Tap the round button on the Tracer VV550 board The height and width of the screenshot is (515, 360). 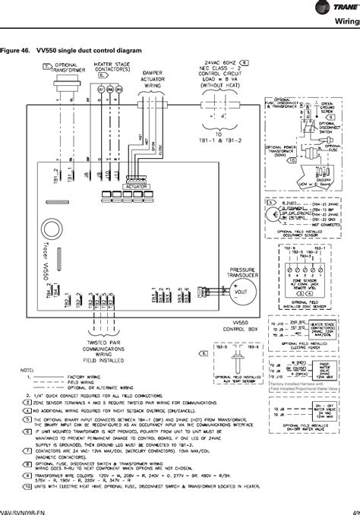[55, 227]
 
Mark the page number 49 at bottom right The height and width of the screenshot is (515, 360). [355, 511]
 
